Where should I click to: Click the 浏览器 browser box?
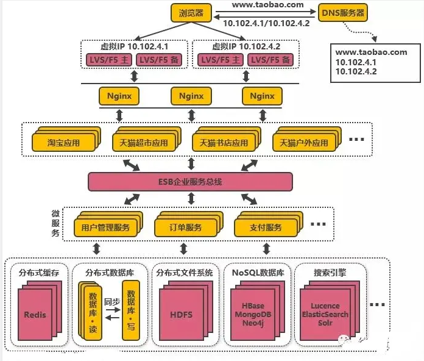tap(191, 13)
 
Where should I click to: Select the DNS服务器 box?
tap(343, 12)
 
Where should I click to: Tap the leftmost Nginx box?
tap(119, 96)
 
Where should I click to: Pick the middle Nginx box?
tap(191, 96)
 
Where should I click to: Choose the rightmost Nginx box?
tap(262, 96)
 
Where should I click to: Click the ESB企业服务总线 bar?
tap(190, 182)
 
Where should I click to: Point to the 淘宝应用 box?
tap(63, 143)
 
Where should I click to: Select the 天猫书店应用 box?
tap(224, 143)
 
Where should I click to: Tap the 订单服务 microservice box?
tap(185, 227)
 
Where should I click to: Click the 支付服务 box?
tap(266, 227)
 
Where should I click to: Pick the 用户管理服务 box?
tap(105, 227)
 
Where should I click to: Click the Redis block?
tap(35, 315)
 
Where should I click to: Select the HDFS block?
tap(181, 315)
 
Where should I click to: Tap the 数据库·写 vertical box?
tap(131, 310)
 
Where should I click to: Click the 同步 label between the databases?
tap(112, 301)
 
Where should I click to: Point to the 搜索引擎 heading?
tap(330, 273)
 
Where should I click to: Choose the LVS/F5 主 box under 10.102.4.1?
tap(109, 60)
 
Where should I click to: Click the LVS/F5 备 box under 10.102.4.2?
tap(270, 60)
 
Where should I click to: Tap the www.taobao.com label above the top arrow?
tap(267, 5)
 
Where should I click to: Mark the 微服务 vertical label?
tap(55, 223)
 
